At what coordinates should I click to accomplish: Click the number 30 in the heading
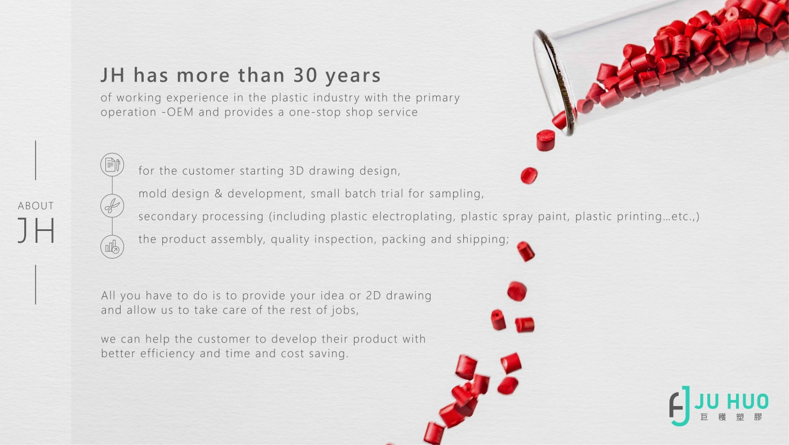(305, 75)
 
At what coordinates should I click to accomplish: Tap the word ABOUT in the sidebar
(36, 206)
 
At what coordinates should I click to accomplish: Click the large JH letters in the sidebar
(36, 230)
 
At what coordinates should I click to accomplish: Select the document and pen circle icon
(112, 164)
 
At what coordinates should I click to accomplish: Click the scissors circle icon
(112, 206)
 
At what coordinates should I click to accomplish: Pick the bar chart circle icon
(112, 247)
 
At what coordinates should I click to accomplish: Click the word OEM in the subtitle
(180, 112)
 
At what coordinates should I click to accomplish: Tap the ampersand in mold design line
(219, 194)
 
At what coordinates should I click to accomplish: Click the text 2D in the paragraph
(373, 295)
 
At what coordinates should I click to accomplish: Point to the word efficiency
(167, 354)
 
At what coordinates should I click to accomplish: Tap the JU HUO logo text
(732, 401)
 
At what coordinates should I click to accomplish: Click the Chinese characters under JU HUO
(732, 417)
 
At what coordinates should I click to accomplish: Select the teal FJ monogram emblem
(680, 406)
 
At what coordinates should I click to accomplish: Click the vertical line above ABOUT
(36, 161)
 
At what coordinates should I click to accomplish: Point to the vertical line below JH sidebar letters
(36, 285)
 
